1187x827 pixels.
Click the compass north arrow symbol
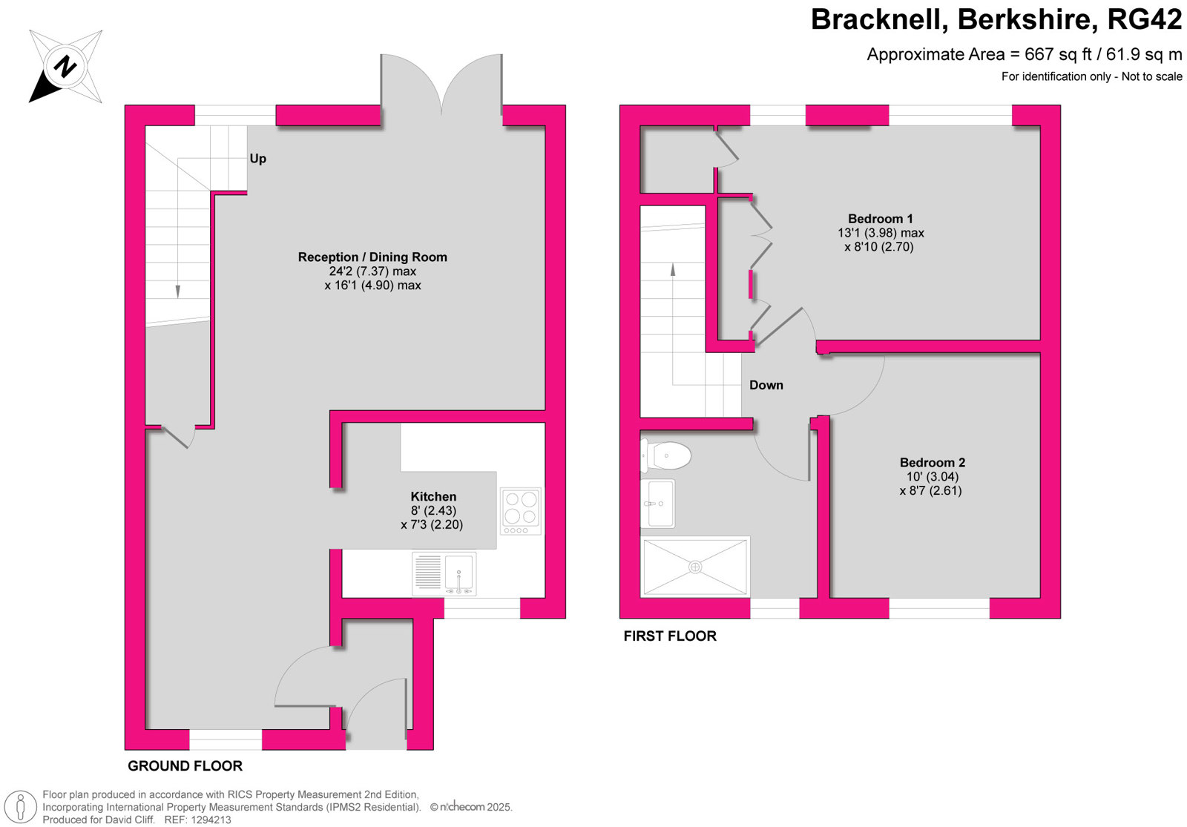[x=65, y=67]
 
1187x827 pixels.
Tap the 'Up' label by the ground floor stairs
[x=258, y=159]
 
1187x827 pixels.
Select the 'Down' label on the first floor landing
[x=766, y=385]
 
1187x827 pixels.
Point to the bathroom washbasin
[x=657, y=504]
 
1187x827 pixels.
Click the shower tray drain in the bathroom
[x=695, y=567]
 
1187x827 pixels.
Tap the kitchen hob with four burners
[x=522, y=511]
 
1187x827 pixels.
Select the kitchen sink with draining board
[x=444, y=574]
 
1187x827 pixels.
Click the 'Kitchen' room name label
[x=433, y=496]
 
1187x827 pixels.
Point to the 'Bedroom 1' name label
[x=880, y=219]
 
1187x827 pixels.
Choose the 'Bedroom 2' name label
[x=933, y=463]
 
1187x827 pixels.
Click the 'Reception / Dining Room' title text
[x=372, y=257]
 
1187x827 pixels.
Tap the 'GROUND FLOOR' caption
[x=185, y=765]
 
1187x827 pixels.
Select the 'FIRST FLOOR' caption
[x=670, y=636]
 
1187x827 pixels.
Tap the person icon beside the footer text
[x=21, y=808]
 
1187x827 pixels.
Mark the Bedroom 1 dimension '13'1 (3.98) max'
[x=881, y=233]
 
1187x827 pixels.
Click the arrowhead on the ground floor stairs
[x=177, y=292]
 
